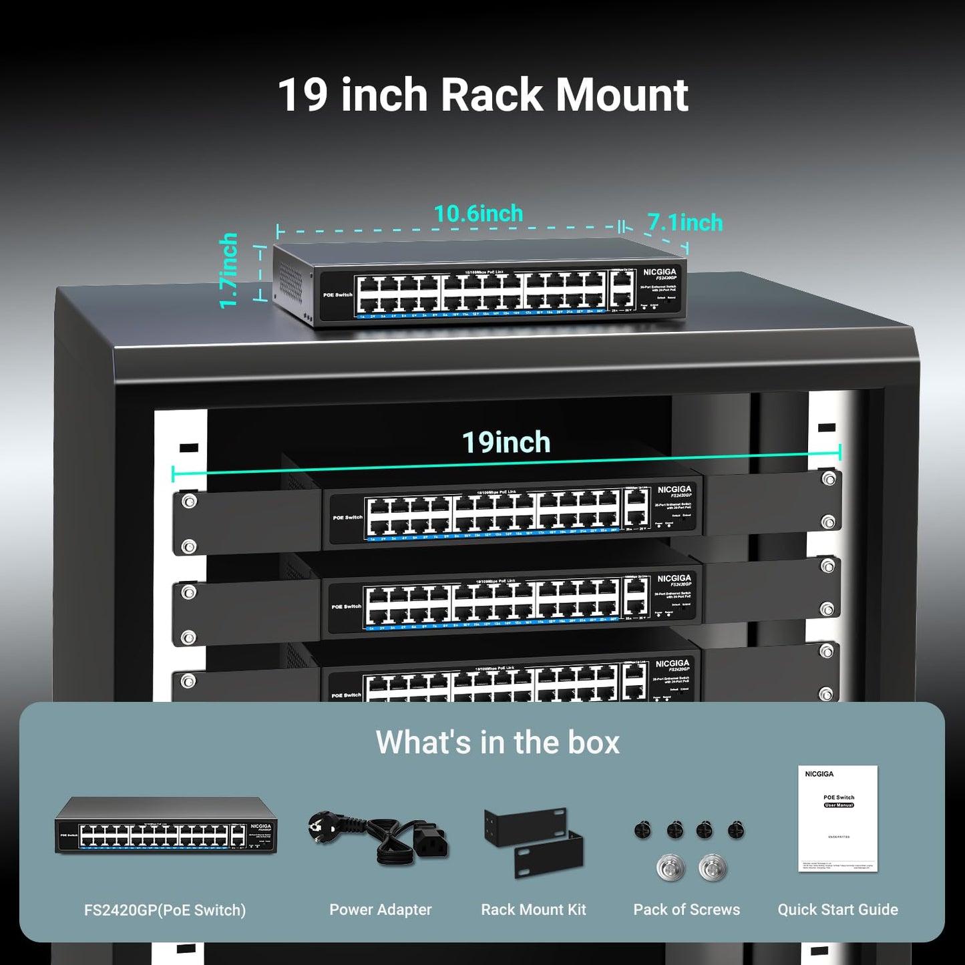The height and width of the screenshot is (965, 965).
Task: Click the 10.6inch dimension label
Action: (x=478, y=214)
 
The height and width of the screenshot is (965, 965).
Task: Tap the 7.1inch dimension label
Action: (x=685, y=222)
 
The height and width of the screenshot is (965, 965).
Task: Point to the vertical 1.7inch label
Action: (x=229, y=270)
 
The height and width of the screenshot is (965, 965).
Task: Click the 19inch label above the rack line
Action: (x=506, y=443)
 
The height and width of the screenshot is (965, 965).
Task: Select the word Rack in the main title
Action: (x=492, y=95)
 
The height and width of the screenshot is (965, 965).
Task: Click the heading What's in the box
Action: (x=498, y=742)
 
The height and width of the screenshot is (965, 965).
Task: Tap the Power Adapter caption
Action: (x=380, y=910)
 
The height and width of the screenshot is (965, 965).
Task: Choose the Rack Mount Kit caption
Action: (x=533, y=910)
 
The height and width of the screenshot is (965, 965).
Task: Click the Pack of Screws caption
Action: (x=687, y=910)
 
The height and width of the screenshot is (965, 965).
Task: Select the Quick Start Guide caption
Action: (x=837, y=910)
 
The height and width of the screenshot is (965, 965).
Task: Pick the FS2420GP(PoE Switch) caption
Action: (x=165, y=910)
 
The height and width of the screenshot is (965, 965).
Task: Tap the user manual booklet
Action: (x=837, y=819)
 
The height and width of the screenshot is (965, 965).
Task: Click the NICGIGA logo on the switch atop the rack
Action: (x=660, y=272)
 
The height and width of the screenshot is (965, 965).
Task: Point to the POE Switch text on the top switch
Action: (x=337, y=295)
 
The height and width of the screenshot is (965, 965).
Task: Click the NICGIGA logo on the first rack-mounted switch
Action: (x=674, y=490)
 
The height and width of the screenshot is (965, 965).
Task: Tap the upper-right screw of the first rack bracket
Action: (x=829, y=479)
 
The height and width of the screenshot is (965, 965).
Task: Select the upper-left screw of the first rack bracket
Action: (x=189, y=501)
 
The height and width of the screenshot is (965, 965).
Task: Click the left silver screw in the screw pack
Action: (x=670, y=868)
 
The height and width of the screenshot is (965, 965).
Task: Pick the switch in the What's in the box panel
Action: (x=166, y=825)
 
